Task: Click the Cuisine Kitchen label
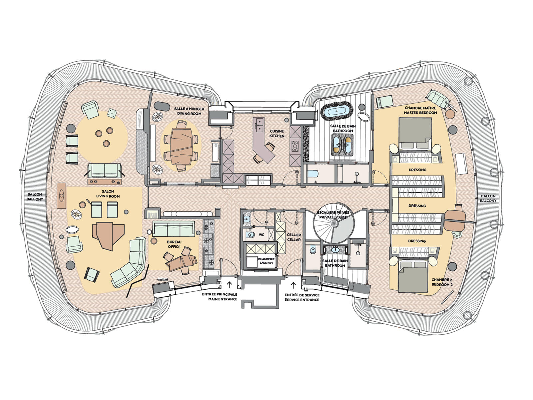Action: coord(277,134)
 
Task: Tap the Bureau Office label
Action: coord(174,244)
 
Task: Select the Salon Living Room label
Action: coord(108,194)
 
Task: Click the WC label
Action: coord(261,235)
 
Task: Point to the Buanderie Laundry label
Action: coord(266,261)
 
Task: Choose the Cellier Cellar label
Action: coord(294,237)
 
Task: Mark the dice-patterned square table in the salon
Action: coord(112,113)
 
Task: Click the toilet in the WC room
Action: coord(250,235)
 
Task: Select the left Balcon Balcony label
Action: coord(35,197)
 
